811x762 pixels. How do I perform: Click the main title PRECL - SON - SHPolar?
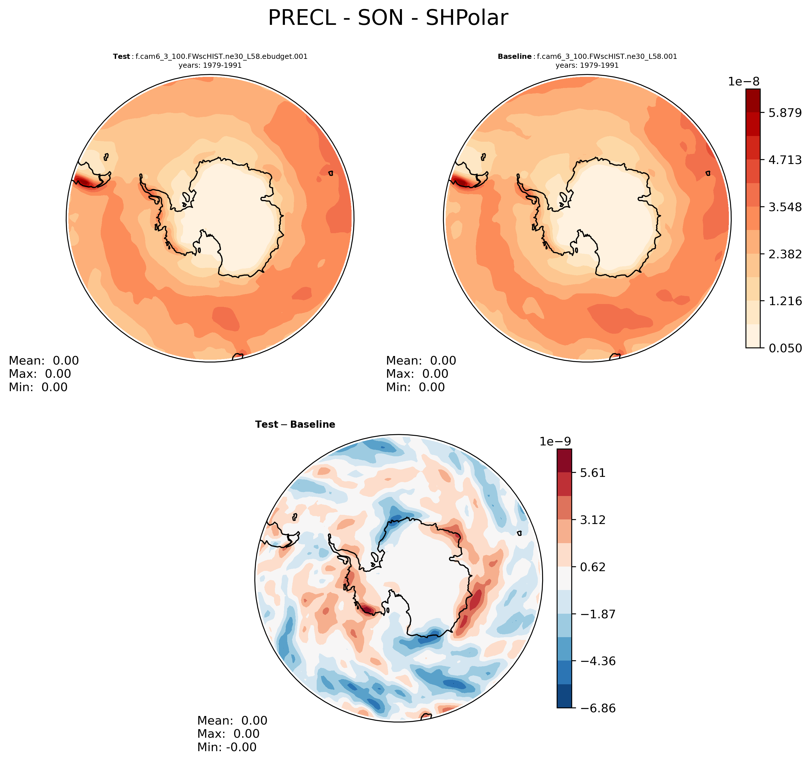(x=388, y=18)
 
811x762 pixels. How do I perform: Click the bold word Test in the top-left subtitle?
(x=121, y=57)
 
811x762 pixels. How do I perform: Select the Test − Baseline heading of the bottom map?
(x=295, y=425)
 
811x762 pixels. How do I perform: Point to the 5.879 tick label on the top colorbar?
(x=785, y=113)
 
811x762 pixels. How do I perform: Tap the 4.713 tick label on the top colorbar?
(x=785, y=160)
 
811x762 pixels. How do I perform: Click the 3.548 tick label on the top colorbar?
(x=785, y=207)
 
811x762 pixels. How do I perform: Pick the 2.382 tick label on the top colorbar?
(x=785, y=254)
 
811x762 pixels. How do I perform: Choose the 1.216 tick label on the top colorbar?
(x=785, y=301)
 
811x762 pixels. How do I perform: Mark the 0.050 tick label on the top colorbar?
(x=785, y=348)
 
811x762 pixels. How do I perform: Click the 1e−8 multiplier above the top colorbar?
(x=744, y=81)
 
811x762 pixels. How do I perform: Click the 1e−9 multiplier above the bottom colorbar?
(x=555, y=442)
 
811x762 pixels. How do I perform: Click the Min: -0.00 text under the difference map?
(x=227, y=747)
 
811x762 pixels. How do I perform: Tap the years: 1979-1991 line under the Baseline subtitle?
(x=587, y=65)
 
